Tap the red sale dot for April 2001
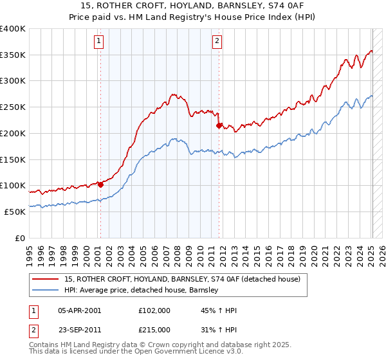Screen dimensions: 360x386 coord(100,184)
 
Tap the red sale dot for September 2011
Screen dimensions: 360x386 coord(219,126)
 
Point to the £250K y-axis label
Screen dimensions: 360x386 coord(13,107)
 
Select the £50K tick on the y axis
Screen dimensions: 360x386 coord(15,212)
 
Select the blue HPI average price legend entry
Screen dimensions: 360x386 coord(142,291)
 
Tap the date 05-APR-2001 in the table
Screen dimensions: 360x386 coord(79,310)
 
